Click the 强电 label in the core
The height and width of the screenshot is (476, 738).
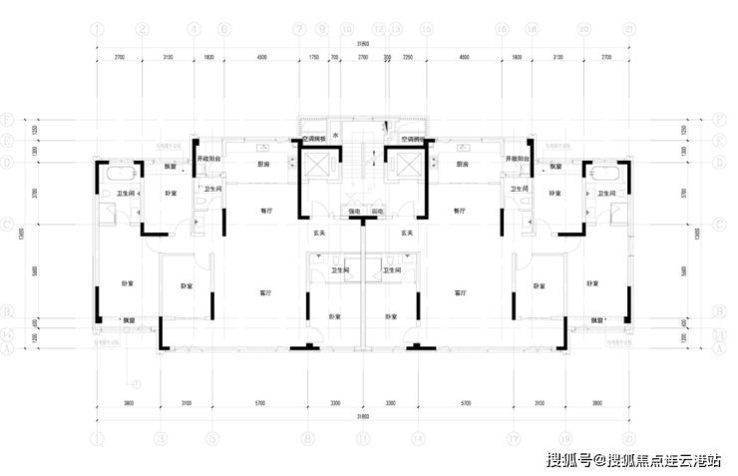tap(354, 212)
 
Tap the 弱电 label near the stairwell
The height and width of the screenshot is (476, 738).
tap(378, 212)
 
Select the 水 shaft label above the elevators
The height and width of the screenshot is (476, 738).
tap(336, 135)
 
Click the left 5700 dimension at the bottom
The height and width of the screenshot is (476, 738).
tap(258, 403)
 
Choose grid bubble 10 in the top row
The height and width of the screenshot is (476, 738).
tap(347, 29)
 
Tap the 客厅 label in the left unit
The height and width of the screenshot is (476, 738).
tap(266, 293)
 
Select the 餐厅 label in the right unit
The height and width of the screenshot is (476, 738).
tap(459, 212)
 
